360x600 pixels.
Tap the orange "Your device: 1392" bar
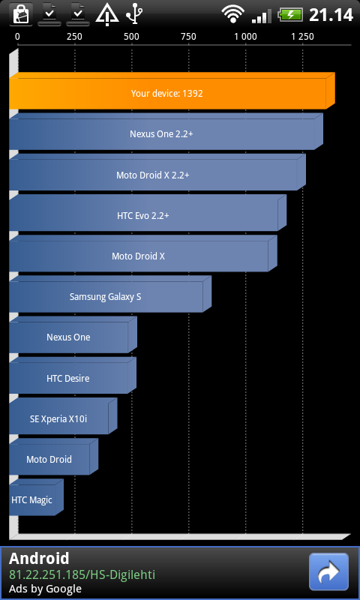click(172, 91)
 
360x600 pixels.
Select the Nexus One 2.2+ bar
click(166, 132)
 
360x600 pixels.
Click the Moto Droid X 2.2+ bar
click(157, 172)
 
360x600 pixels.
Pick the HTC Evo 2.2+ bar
click(148, 213)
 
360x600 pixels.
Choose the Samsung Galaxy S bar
click(110, 294)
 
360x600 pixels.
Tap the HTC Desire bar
click(73, 376)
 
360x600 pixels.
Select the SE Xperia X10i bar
click(63, 416)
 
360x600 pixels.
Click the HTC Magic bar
click(36, 497)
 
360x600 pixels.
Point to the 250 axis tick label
click(74, 37)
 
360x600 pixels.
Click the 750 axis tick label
click(188, 37)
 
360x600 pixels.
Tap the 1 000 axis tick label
click(245, 37)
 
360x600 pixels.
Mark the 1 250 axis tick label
click(302, 37)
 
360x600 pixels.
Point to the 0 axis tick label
click(17, 37)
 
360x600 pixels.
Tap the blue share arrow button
click(328, 572)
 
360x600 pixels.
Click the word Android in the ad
click(39, 559)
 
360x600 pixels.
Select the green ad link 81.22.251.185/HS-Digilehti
click(82, 574)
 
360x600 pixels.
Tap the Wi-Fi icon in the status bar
click(232, 14)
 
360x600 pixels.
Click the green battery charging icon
click(290, 15)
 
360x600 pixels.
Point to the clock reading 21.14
click(331, 15)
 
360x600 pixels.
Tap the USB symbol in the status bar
click(134, 13)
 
